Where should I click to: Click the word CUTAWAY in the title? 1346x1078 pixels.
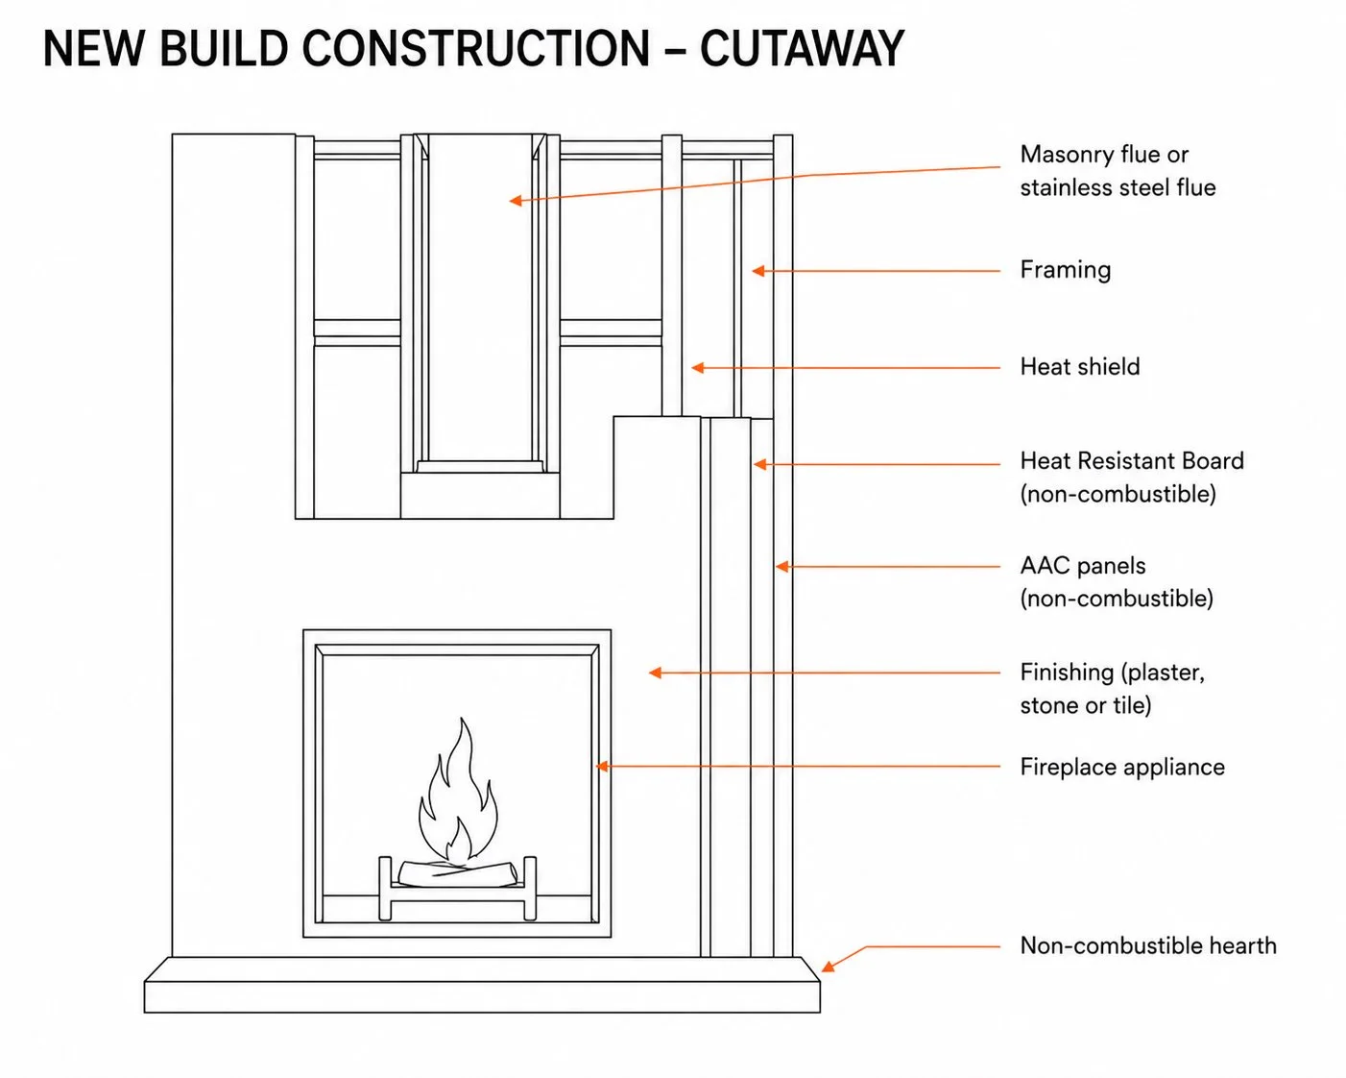pos(802,48)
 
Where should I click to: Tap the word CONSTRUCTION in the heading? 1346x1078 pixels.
pos(476,48)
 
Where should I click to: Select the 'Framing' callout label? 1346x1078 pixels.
pos(1065,270)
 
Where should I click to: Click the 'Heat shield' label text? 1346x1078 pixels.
pos(1079,366)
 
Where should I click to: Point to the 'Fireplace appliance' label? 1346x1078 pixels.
pos(1122,767)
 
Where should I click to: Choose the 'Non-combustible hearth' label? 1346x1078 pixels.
pos(1147,945)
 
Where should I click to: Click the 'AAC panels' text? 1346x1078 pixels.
pos(1083,565)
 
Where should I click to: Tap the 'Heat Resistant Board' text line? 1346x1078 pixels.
pos(1132,461)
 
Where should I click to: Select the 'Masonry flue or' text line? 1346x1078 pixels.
pos(1104,155)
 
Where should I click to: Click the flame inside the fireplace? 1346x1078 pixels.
pos(460,792)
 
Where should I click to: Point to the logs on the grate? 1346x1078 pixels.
pos(458,874)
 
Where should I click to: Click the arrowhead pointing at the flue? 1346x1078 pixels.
pos(516,201)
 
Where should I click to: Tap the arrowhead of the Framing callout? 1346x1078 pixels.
pos(758,271)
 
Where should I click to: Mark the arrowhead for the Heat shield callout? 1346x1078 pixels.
pos(697,367)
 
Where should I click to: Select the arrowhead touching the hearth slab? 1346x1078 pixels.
pos(827,968)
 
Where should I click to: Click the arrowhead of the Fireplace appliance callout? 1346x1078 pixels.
pos(602,767)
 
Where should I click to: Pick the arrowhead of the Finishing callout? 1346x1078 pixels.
pos(655,673)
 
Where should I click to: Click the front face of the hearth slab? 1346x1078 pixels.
pos(482,996)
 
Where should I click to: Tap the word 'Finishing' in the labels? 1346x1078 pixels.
pos(1067,673)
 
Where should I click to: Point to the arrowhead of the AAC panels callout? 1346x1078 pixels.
pos(782,567)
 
